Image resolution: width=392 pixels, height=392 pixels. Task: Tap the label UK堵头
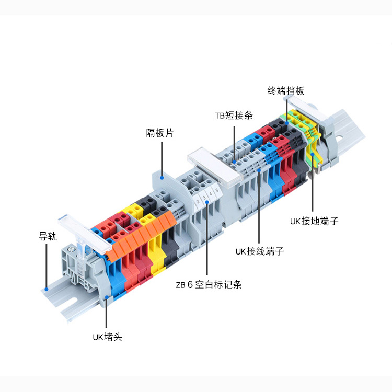tap(107, 337)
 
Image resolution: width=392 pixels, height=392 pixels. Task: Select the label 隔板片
tap(159, 133)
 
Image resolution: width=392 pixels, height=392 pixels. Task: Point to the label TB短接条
tap(234, 116)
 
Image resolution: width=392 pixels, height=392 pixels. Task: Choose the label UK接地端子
tap(314, 221)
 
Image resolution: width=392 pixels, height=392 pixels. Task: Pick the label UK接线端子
tap(259, 251)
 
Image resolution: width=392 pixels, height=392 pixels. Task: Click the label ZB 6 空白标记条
tap(209, 285)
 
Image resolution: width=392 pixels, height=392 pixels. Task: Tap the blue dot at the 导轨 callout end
tap(47, 287)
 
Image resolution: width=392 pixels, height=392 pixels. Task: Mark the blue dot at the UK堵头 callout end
tap(107, 297)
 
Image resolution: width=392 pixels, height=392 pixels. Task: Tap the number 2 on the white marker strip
tap(198, 201)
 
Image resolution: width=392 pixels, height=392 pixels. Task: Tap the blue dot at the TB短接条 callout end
tap(235, 155)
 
